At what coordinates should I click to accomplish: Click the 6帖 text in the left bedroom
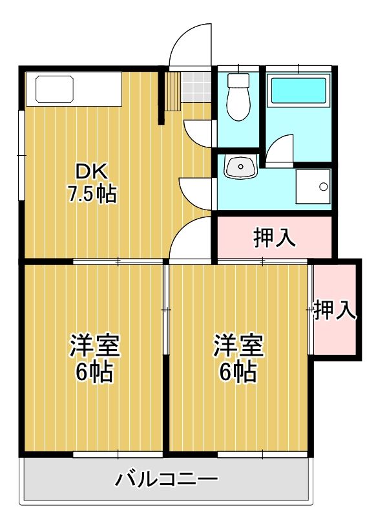[x=94, y=372]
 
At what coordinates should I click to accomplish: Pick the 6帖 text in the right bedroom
[x=238, y=372]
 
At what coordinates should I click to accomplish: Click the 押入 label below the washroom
[x=275, y=238]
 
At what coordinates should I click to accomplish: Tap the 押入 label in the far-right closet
[x=335, y=311]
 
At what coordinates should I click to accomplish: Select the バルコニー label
[x=167, y=480]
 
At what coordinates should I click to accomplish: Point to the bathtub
[x=298, y=91]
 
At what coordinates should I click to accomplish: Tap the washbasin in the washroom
[x=240, y=167]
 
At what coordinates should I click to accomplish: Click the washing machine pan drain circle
[x=322, y=187]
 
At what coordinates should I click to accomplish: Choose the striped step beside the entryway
[x=173, y=90]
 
